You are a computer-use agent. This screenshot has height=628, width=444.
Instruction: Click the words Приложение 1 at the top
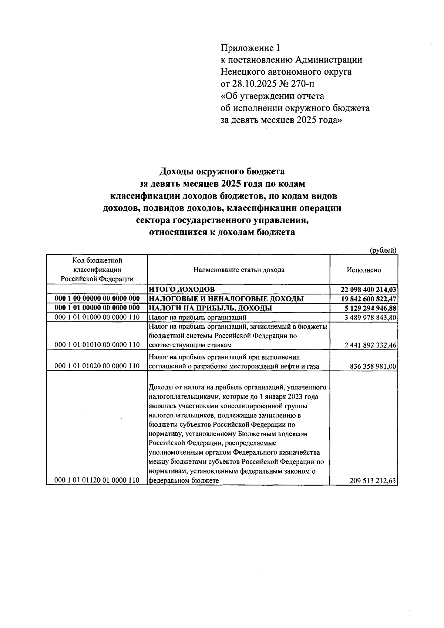click(x=251, y=48)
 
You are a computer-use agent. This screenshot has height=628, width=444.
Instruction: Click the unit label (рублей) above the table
click(x=383, y=250)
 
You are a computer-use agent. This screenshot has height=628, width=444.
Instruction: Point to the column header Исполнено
click(x=364, y=270)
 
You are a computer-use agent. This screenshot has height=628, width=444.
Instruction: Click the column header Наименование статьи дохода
click(x=239, y=270)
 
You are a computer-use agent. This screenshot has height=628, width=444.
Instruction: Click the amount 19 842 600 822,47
click(x=369, y=299)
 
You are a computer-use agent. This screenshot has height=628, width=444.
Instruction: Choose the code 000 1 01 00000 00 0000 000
click(x=97, y=308)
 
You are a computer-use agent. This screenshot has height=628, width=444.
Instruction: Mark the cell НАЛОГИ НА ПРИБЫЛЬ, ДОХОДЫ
click(x=210, y=308)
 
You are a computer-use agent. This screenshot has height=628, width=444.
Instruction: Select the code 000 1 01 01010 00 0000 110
click(x=97, y=345)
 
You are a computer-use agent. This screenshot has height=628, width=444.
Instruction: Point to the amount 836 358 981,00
click(x=373, y=367)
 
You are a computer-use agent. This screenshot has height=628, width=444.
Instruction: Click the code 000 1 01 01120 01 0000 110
click(x=97, y=480)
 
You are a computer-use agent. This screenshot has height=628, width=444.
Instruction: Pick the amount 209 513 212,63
click(x=373, y=481)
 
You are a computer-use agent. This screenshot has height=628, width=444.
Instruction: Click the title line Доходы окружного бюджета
click(x=222, y=172)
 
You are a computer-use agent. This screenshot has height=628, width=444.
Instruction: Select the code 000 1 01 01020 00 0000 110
click(x=97, y=366)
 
